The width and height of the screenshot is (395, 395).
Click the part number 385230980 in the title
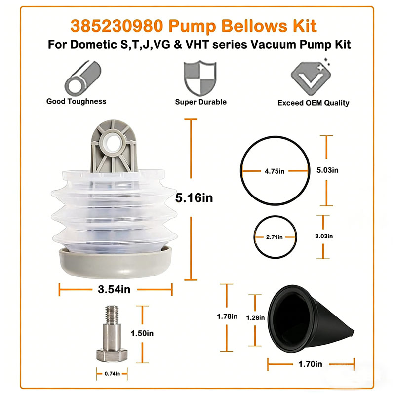point(117,26)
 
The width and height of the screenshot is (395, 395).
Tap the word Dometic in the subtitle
point(94,45)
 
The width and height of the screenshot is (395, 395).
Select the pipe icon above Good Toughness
point(83,78)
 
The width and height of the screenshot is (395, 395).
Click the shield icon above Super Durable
point(200,78)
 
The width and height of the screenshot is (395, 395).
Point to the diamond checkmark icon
point(311,78)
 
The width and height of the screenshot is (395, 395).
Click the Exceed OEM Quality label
point(314,103)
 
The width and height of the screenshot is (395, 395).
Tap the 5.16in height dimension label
point(194,198)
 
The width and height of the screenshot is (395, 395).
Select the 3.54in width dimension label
point(114,289)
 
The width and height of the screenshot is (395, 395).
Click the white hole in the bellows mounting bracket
point(113,143)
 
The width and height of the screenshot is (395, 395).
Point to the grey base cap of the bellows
point(116,263)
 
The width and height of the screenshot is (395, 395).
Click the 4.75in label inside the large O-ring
point(275,171)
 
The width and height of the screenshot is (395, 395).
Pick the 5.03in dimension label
point(327,170)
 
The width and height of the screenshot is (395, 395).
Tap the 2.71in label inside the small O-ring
point(275,237)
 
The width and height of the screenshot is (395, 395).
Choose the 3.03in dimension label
point(324,236)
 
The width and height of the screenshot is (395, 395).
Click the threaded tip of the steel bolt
point(112,315)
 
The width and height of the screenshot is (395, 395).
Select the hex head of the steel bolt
point(112,355)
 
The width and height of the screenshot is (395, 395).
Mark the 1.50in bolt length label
point(142,333)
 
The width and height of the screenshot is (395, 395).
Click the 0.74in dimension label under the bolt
point(112,374)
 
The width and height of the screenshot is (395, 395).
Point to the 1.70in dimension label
point(310,364)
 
